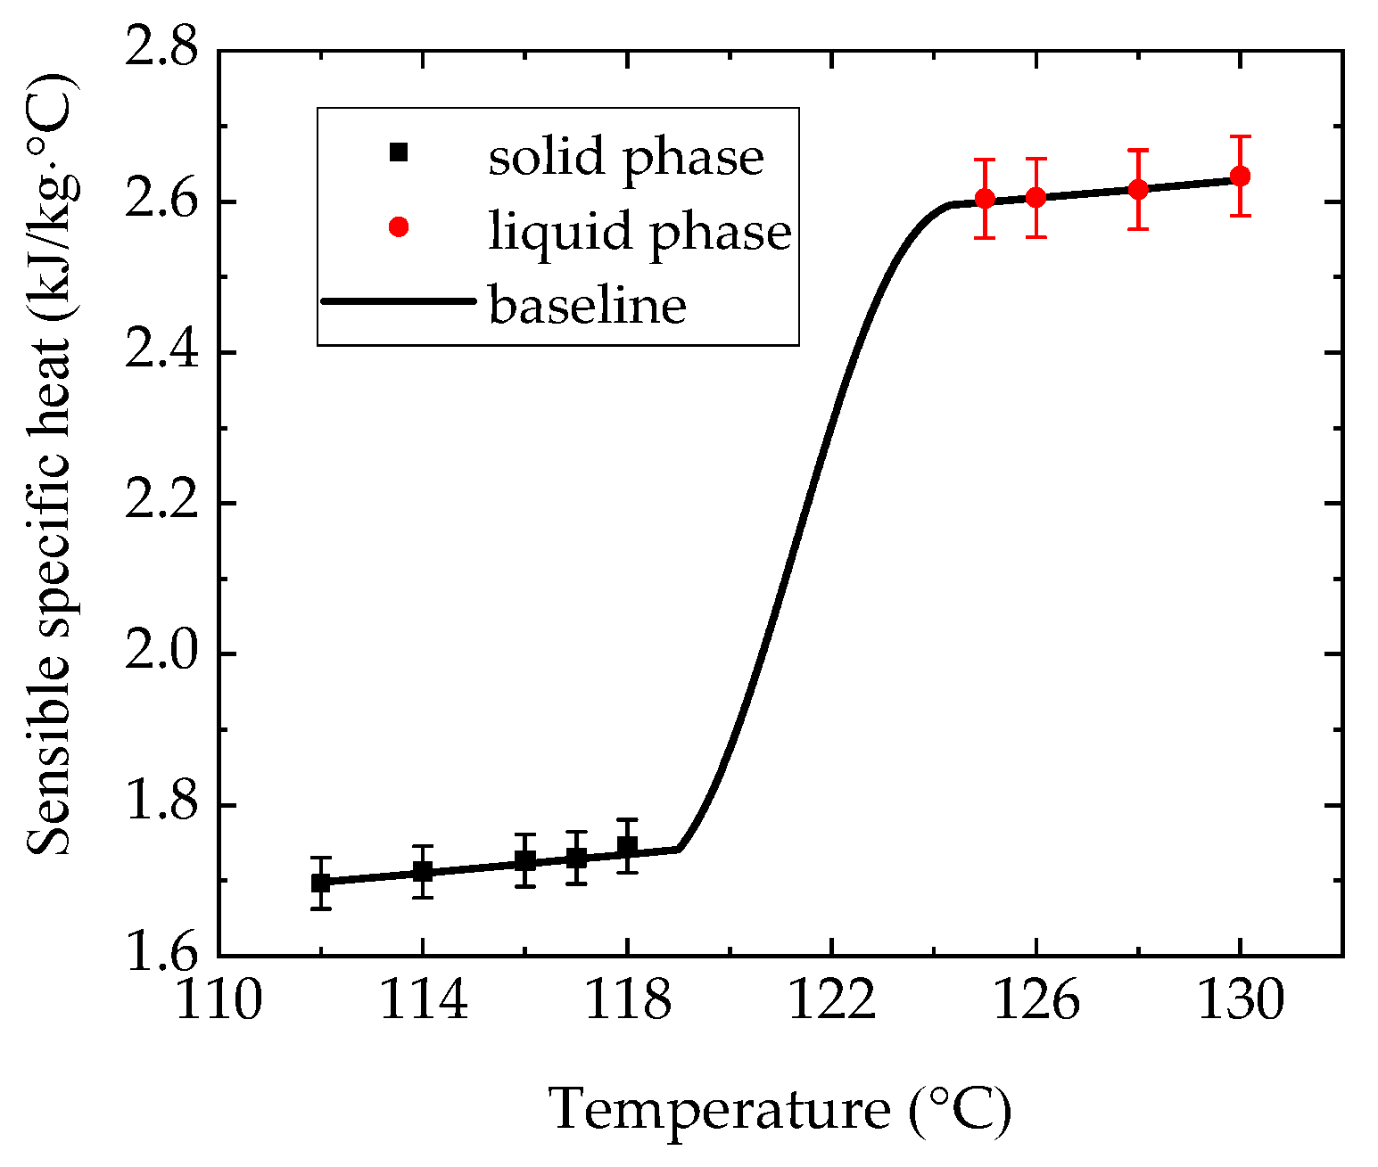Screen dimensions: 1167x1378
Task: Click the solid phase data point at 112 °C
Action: pos(321,883)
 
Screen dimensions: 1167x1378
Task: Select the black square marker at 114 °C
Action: pos(423,871)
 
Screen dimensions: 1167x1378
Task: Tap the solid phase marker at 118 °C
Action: pos(627,845)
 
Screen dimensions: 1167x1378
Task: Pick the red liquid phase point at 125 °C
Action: pos(985,198)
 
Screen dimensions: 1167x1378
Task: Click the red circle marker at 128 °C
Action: pos(1138,189)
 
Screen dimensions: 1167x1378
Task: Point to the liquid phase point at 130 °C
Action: pos(1240,176)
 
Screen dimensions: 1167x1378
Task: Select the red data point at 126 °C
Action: pos(1036,197)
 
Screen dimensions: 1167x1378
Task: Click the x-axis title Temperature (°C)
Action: pos(781,1110)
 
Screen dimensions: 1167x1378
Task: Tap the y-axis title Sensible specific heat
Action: pos(52,464)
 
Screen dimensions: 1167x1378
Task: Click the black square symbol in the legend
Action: pos(399,152)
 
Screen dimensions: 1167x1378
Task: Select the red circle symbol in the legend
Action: pos(399,227)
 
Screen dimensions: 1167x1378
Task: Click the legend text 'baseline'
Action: pos(588,306)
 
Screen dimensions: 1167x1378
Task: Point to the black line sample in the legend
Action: pos(398,301)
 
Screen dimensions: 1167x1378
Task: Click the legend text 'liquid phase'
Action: pos(639,232)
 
